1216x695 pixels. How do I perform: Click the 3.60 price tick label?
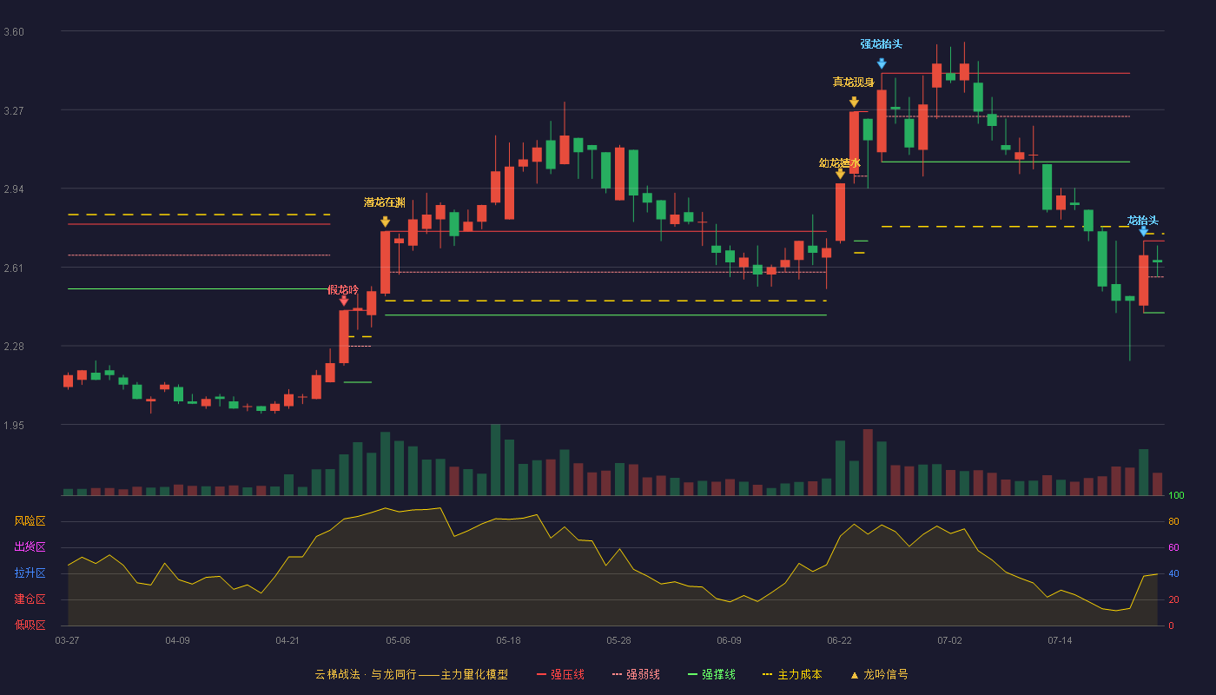pyautogui.click(x=14, y=32)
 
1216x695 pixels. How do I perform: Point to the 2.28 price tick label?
pyautogui.click(x=14, y=347)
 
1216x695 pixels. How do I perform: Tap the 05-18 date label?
pyautogui.click(x=508, y=641)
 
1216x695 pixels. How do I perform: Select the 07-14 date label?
pyautogui.click(x=1060, y=641)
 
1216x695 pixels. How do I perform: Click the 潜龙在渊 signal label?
pyautogui.click(x=384, y=202)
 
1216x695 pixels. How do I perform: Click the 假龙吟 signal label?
pyautogui.click(x=343, y=290)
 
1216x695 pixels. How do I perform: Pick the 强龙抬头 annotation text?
pyautogui.click(x=881, y=44)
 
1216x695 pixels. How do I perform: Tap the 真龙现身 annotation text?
pyautogui.click(x=853, y=82)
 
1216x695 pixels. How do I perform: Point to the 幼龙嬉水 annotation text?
pyautogui.click(x=840, y=163)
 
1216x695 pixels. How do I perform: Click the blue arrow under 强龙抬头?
pyautogui.click(x=882, y=63)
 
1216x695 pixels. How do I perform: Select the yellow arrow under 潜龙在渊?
pyautogui.click(x=385, y=222)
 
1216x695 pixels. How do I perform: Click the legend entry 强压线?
pyautogui.click(x=560, y=674)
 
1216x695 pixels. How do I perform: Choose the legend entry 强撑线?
pyautogui.click(x=711, y=674)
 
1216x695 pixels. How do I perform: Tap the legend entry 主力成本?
pyautogui.click(x=792, y=674)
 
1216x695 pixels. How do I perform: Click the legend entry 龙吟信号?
pyautogui.click(x=879, y=674)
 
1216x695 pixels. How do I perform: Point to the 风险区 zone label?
pyautogui.click(x=30, y=521)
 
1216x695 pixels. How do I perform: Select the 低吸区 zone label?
pyautogui.click(x=30, y=625)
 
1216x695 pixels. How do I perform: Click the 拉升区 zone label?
pyautogui.click(x=30, y=573)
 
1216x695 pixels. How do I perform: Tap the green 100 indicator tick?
pyautogui.click(x=1176, y=495)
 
